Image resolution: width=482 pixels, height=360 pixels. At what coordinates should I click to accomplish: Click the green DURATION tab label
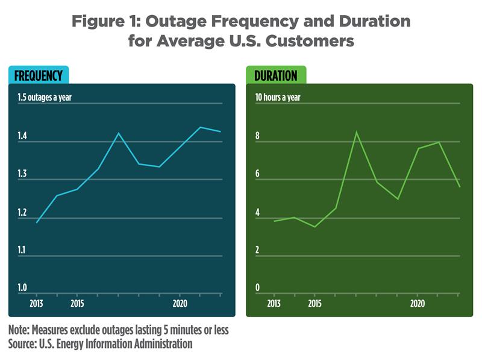275,75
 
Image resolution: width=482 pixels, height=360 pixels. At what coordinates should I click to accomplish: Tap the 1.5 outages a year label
48,96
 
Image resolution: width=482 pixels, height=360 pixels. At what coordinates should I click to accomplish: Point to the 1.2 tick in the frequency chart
23,212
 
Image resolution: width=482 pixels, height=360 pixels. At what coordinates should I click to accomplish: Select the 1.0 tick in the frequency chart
23,288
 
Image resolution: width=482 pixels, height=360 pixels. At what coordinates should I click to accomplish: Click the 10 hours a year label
278,96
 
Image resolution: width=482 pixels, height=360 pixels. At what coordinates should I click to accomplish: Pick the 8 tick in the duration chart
257,136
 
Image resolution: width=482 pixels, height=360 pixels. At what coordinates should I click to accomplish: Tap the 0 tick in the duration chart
257,288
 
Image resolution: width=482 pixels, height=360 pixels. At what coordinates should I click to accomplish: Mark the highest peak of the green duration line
356,131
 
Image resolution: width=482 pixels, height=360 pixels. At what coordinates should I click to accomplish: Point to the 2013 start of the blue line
36,223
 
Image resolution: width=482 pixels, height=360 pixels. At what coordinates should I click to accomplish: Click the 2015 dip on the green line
315,227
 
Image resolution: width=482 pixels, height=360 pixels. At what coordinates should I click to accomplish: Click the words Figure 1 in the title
108,22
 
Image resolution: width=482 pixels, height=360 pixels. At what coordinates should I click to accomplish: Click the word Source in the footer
26,344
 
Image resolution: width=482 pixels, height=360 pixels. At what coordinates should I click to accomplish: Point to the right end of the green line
460,186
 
